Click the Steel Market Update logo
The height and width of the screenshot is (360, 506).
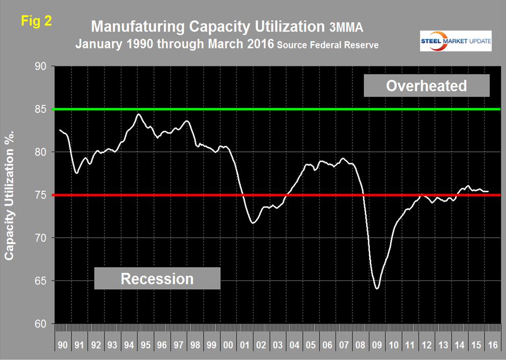[456, 41]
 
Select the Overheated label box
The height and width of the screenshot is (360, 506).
[426, 85]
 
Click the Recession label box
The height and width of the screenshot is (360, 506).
[157, 278]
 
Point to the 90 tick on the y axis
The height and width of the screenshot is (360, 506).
[40, 67]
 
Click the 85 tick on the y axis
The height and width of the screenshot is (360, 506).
[40, 110]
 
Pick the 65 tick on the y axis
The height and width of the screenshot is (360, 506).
[40, 281]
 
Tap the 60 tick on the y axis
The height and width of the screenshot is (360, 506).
[40, 324]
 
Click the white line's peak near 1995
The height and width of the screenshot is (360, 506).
[138, 114]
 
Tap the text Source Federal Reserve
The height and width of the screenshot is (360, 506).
[327, 45]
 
